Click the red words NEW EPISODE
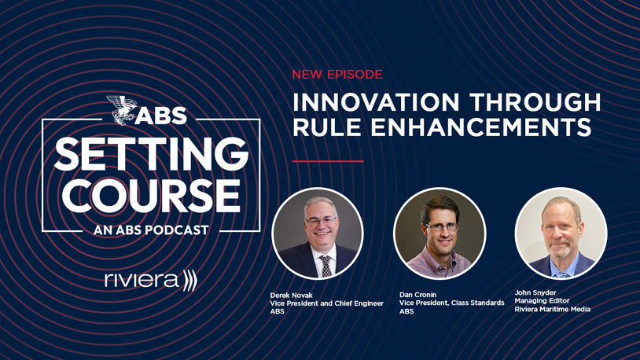coord(337,75)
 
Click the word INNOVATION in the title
coord(376,102)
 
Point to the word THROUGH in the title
coord(535,102)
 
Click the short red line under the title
coord(328,161)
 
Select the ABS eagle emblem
coord(121,110)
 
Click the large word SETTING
coord(151,154)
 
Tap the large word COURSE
coord(151,195)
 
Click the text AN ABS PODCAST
coord(151,230)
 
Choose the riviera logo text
coord(142,280)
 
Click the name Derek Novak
coord(291,295)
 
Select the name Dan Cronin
coord(418,295)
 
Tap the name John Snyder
coord(535,292)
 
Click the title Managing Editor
coord(542,301)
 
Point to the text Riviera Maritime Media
coord(552,310)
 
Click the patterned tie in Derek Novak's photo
coord(326,266)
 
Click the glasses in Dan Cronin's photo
coord(442,226)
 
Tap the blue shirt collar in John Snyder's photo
coord(562,266)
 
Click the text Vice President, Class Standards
coord(452,303)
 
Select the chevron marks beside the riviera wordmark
coord(190,281)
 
